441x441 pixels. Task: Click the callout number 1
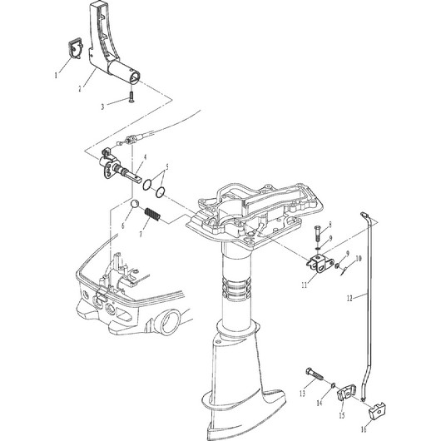coord(56,76)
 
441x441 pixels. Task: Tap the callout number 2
coord(80,89)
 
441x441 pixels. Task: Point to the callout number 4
coord(145,157)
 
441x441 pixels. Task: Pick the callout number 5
coord(167,167)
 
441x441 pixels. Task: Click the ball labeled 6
coord(135,204)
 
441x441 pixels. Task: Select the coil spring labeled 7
coord(153,216)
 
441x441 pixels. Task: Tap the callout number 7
coord(141,234)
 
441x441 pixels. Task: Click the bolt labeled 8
coord(317,233)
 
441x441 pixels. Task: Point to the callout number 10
coord(359,259)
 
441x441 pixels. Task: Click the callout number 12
coord(349,299)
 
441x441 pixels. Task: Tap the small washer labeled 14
coord(333,384)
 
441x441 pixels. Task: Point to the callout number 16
coord(364,429)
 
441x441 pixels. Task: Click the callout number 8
coord(330,225)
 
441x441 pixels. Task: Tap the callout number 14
coord(319,404)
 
